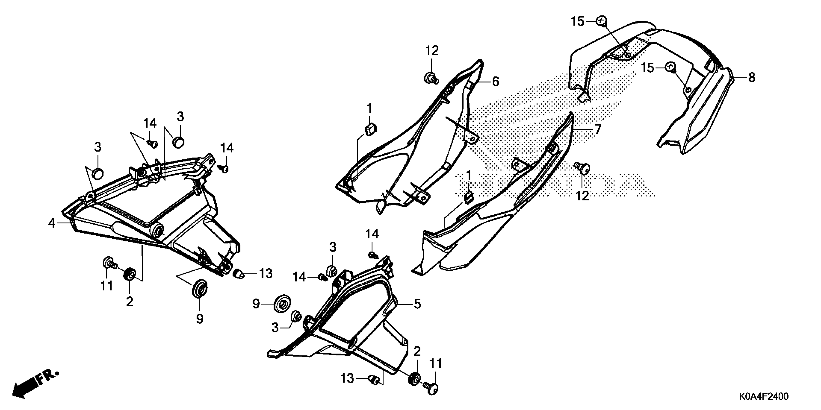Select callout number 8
751,77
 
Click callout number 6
495,82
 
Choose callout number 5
417,304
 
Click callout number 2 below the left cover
129,301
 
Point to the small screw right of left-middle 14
323,278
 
